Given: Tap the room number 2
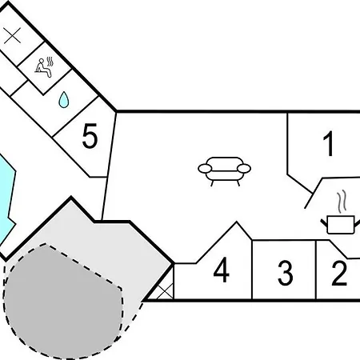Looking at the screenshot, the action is point(339,273).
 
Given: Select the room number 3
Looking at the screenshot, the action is point(286,273).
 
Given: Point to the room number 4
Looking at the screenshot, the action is point(222,270).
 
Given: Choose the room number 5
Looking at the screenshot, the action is point(90,136).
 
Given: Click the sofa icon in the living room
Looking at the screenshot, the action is point(224,171).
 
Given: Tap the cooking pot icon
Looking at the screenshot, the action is point(340,225).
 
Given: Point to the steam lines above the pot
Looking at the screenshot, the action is point(342,202).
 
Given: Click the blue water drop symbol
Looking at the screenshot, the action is point(64,100).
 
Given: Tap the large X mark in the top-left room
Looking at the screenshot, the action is point(12,35).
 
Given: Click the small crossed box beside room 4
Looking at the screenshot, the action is point(165,291).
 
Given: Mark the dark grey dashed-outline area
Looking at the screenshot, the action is point(62,302).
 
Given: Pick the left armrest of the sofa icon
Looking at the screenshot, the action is point(205,169).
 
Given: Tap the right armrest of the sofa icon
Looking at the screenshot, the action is point(244,169).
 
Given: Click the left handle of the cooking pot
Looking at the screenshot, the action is point(324,223).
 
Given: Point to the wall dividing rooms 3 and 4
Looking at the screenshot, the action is point(251,270).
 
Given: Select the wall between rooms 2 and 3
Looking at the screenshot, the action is point(316,270).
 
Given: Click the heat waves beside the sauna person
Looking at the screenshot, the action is point(50,62).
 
